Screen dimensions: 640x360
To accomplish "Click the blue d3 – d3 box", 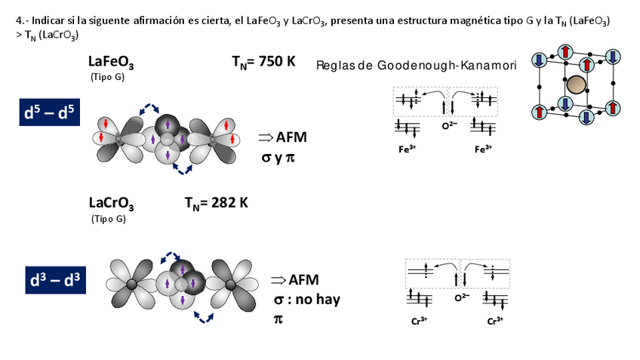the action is (54, 281).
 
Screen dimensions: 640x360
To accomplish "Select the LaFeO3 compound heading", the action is (111, 63).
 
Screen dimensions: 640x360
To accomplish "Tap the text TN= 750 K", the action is (263, 62).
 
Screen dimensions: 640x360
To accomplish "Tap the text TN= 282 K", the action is (216, 202).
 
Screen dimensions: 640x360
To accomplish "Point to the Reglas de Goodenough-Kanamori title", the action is (417, 66).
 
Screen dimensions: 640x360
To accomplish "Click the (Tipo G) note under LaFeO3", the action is (107, 77).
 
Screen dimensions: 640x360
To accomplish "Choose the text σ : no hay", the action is (306, 300).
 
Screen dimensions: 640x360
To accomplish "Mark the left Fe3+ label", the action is (407, 149).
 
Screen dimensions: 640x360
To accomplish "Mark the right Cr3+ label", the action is (495, 321).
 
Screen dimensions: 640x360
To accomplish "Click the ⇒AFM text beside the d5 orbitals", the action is (282, 137).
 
